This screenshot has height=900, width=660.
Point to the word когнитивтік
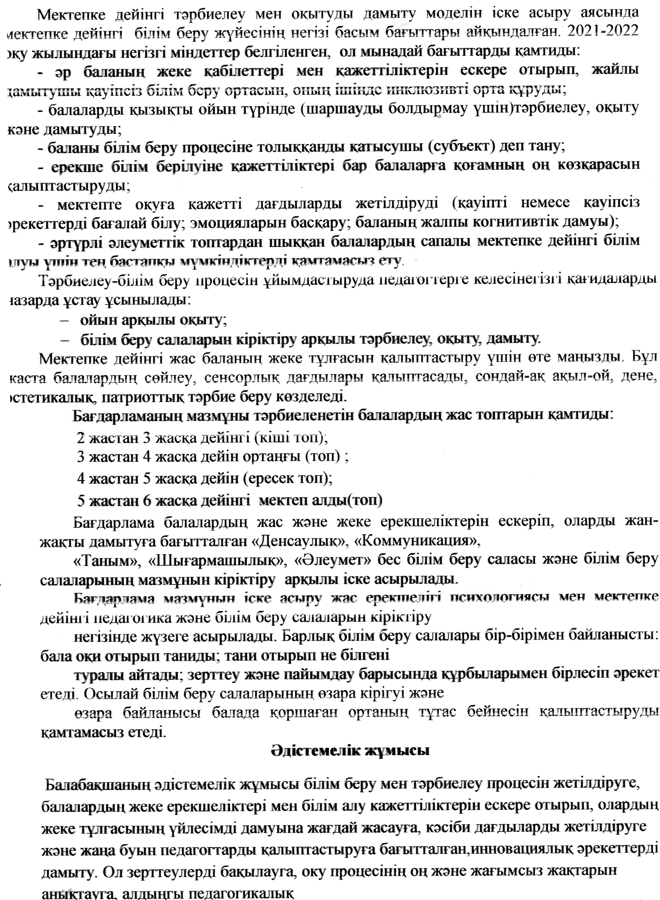[530, 222]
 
